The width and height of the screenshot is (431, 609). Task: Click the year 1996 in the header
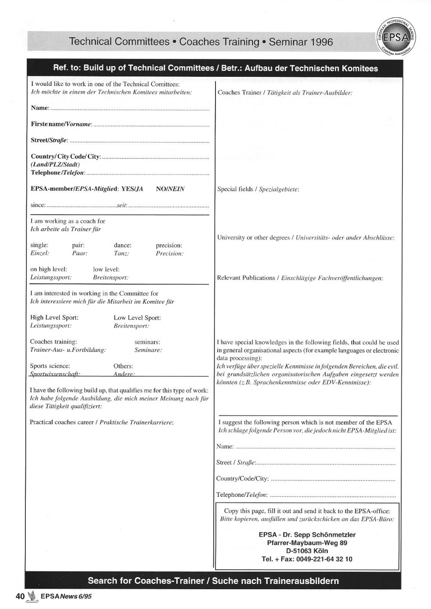[318, 42]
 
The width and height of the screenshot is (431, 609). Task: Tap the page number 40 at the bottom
[20, 596]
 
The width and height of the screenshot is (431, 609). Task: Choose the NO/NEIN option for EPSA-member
[170, 189]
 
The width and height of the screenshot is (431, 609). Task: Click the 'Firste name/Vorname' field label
[61, 124]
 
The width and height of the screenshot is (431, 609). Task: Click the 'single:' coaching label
[39, 245]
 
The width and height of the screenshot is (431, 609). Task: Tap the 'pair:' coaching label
[78, 245]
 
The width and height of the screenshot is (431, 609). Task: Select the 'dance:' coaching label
[122, 245]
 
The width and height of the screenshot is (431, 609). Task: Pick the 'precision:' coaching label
[169, 245]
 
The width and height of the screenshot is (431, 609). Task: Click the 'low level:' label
[106, 270]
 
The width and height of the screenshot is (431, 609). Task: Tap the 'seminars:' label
[147, 342]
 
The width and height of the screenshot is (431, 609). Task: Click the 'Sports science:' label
[50, 366]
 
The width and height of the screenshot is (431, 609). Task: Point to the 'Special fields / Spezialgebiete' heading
[258, 189]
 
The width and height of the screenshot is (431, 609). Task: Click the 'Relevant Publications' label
[246, 278]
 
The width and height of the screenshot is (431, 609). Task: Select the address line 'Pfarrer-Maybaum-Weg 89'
[307, 543]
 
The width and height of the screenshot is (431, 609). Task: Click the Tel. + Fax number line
[307, 559]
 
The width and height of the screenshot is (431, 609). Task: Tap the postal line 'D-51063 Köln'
[307, 551]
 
